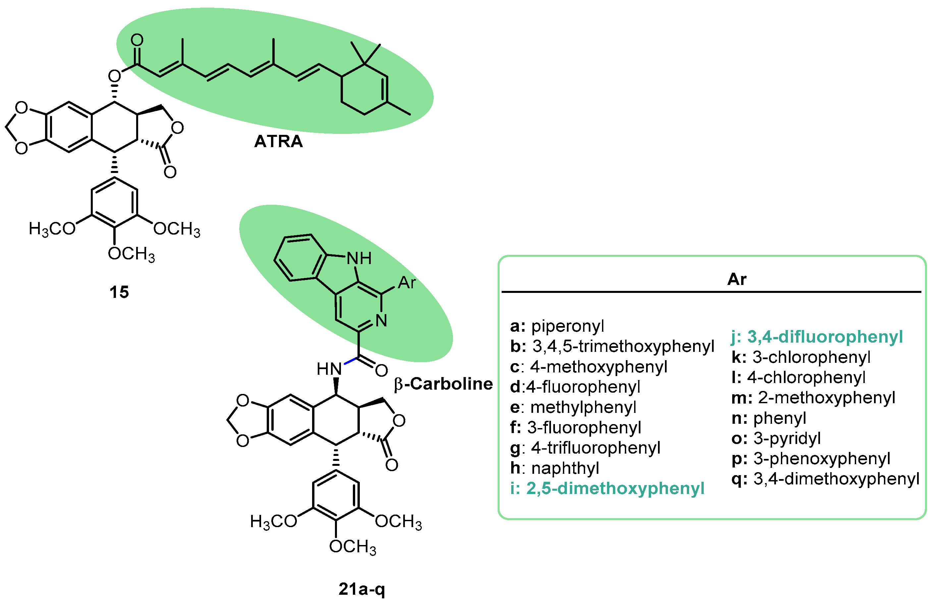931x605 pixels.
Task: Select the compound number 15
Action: pos(119,292)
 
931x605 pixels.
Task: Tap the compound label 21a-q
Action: pos(361,588)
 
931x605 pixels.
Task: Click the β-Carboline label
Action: pos(443,384)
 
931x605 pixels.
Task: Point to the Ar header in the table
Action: pos(737,279)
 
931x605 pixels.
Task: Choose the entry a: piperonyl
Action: pos(557,326)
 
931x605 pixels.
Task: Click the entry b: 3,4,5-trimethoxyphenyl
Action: pos(612,347)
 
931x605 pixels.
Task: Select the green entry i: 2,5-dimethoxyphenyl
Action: pos(607,488)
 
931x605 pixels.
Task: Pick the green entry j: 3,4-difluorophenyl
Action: pos(817,337)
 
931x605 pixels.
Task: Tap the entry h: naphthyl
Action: pos(555,468)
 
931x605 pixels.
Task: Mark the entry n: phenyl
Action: pos(769,418)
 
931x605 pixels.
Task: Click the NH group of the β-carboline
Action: pos(359,258)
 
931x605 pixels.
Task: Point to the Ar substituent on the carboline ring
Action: pos(407,283)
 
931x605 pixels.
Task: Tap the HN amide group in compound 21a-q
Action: pos(329,369)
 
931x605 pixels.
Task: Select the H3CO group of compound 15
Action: pos(52,229)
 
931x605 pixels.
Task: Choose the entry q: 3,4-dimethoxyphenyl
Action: pos(825,479)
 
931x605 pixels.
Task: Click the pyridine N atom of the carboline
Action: pos(381,321)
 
